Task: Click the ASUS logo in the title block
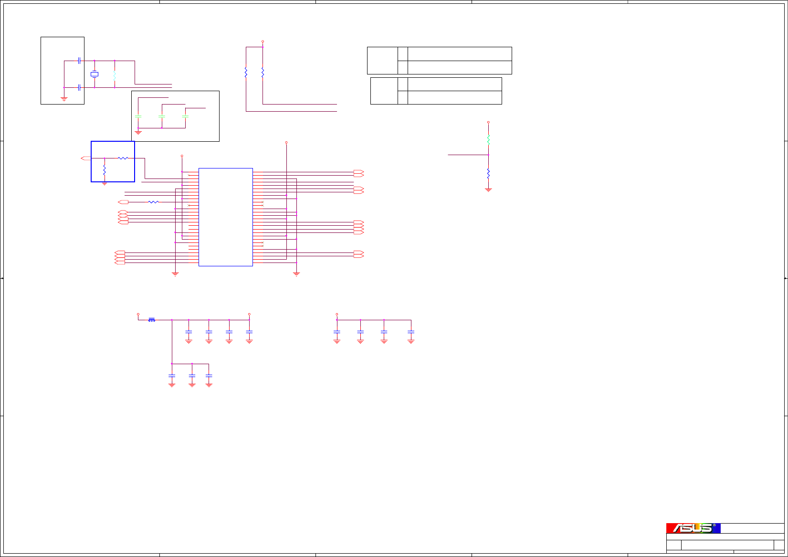693,528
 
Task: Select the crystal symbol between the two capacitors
95,74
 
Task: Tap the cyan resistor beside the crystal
115,75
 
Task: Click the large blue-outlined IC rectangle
225,217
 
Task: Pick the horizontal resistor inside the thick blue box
123,158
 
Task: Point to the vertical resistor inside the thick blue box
105,170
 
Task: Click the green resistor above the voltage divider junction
488,140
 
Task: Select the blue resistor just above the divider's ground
488,173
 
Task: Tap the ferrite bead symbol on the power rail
152,320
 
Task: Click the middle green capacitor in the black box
162,116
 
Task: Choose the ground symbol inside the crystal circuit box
64,99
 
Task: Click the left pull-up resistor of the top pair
246,73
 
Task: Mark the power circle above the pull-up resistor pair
263,42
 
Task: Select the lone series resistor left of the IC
153,202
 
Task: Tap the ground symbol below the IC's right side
296,274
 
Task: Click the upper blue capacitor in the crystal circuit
79,61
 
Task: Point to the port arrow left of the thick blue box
86,158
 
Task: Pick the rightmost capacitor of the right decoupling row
411,332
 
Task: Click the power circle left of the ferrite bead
138,315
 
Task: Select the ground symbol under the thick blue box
105,184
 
